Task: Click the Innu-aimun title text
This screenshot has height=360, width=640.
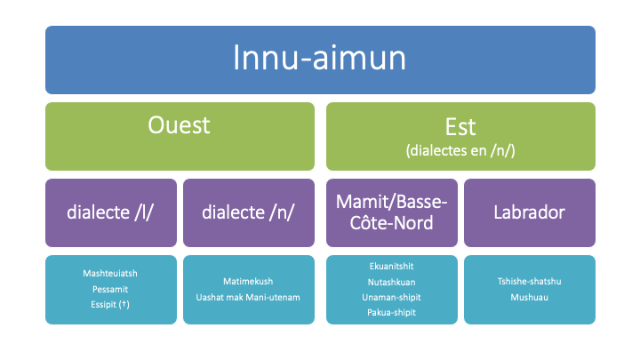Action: click(x=320, y=58)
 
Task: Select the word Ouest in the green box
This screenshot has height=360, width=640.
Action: click(x=180, y=125)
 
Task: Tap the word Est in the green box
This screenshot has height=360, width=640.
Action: click(x=460, y=127)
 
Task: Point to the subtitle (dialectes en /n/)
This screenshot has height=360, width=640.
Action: click(x=460, y=150)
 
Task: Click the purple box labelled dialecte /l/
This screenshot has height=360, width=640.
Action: click(x=111, y=212)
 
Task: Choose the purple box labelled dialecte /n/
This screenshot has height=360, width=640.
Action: click(x=249, y=212)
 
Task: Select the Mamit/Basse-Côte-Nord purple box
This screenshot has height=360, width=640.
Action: click(x=392, y=212)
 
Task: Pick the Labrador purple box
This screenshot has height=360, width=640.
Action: click(x=530, y=212)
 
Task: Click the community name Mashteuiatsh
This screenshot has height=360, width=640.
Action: click(x=110, y=274)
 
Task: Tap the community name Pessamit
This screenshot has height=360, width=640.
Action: click(x=110, y=290)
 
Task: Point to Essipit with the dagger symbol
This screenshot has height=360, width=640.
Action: click(x=110, y=305)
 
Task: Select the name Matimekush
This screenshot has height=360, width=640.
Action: click(x=248, y=281)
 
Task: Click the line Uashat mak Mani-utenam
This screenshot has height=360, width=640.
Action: click(x=248, y=297)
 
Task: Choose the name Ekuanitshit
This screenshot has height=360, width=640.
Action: click(x=391, y=267)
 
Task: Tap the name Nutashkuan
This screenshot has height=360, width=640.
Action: click(x=391, y=282)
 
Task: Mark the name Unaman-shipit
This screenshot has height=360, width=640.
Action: click(x=391, y=298)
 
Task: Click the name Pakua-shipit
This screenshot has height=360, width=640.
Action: click(x=391, y=313)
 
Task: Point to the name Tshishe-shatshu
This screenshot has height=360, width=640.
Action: click(x=530, y=281)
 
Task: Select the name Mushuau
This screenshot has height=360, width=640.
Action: click(x=530, y=297)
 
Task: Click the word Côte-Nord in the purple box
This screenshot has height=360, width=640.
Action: click(x=391, y=223)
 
